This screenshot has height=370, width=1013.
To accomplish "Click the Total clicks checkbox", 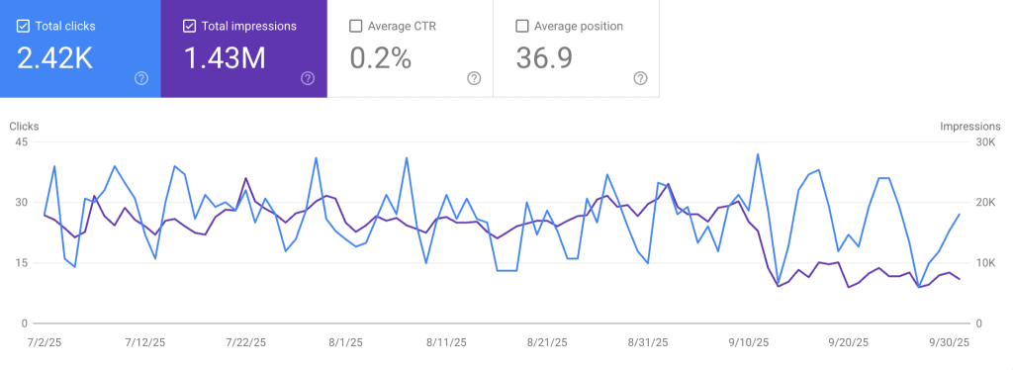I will (23, 26).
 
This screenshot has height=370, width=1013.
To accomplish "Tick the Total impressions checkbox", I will (189, 26).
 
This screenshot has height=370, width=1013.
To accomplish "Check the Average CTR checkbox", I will (355, 26).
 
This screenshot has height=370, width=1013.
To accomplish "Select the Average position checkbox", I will (522, 26).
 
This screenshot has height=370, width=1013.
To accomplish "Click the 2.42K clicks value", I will (55, 58).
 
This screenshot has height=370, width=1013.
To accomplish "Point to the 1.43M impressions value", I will (225, 58).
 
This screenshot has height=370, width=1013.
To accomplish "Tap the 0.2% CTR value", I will (381, 58).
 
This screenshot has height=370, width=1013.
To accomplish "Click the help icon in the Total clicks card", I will (141, 78).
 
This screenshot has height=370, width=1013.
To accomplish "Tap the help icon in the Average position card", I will (640, 78).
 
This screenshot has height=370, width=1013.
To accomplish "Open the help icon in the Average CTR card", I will (474, 78).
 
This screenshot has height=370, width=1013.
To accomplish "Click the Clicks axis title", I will (25, 127).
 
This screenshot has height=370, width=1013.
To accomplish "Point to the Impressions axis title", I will (971, 127).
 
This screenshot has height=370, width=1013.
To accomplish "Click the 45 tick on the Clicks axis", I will (21, 141).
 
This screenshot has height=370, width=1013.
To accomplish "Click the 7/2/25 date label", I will (45, 342).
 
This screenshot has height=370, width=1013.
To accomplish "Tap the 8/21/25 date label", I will (547, 342).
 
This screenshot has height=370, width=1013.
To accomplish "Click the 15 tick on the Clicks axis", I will (21, 263).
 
